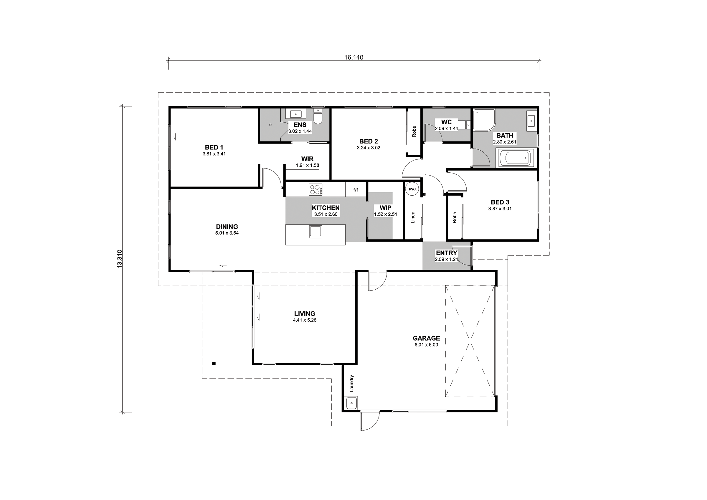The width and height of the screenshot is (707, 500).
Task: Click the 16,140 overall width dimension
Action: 353,57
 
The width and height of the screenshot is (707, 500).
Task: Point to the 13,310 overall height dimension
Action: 120,259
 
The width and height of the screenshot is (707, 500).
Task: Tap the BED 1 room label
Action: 214,148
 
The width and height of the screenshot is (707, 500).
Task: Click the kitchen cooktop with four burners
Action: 315,189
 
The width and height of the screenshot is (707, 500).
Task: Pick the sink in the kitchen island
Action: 315,232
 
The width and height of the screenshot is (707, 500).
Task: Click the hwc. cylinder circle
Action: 412,189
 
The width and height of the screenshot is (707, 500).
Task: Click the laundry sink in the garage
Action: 351,403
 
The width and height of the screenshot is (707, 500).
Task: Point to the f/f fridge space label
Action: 356,190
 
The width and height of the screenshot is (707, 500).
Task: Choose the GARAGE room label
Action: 427,338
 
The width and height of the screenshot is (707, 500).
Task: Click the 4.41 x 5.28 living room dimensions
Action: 305,320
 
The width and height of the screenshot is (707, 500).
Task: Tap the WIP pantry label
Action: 386,208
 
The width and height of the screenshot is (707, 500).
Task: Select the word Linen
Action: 413,217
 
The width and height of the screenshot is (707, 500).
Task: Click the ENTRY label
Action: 447,253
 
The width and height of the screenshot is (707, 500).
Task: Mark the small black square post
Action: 214,364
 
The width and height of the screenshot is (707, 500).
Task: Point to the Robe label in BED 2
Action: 414,131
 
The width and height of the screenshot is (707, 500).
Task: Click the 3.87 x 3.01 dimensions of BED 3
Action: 500,209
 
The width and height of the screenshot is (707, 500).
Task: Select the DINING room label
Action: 227,227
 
